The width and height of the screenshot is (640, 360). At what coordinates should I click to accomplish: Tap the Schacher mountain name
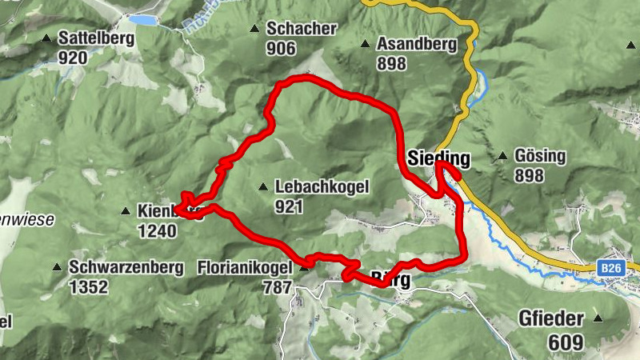click(302, 29)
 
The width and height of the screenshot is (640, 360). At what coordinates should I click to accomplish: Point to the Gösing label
click(540, 156)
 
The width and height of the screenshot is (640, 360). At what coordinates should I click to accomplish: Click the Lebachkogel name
click(321, 187)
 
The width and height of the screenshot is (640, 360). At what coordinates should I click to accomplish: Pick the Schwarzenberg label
click(126, 267)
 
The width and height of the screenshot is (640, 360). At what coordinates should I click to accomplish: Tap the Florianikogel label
click(245, 268)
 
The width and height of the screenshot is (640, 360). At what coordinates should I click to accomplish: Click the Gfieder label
click(558, 319)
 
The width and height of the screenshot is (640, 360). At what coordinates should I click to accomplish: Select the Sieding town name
click(438, 158)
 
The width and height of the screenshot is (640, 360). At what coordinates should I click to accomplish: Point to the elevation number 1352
click(88, 286)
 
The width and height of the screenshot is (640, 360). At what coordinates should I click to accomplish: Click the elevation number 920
click(72, 57)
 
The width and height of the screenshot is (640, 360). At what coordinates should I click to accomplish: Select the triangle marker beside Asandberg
click(365, 44)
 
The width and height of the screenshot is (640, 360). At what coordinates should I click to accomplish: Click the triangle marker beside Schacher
click(254, 29)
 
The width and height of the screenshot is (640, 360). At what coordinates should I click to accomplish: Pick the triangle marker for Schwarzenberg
click(57, 267)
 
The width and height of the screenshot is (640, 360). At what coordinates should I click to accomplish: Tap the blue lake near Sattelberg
click(143, 19)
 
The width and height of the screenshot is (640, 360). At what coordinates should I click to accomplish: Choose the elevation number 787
click(278, 286)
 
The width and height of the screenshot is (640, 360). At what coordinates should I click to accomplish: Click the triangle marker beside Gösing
click(502, 156)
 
